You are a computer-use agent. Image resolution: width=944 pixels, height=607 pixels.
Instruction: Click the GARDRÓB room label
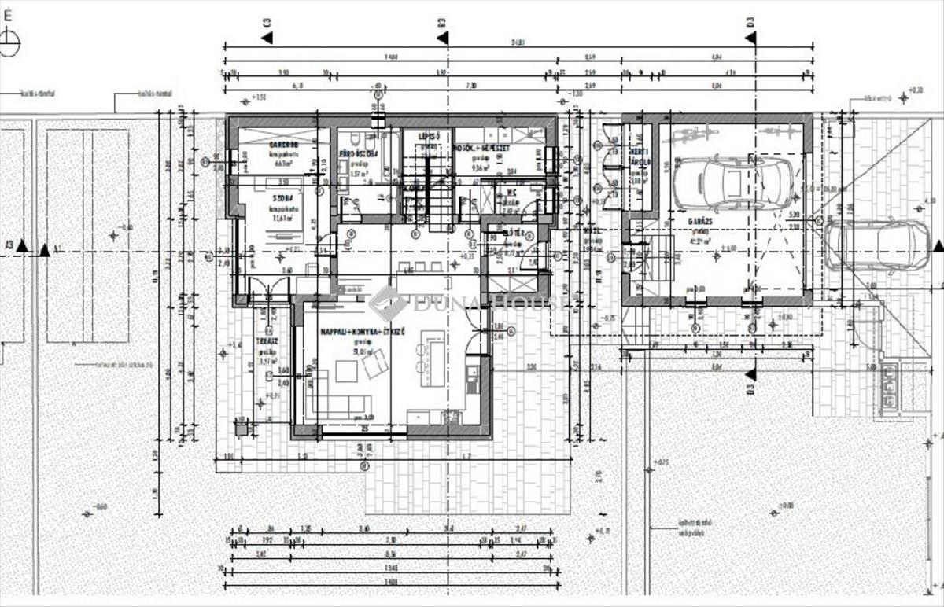282,145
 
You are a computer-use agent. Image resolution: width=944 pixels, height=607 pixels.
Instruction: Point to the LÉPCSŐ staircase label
428,136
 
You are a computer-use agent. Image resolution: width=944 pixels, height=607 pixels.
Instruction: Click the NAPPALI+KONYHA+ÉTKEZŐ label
362,334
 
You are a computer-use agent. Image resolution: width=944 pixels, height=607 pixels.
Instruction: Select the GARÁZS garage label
699,222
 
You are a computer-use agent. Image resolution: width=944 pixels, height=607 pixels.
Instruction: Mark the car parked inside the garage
734,183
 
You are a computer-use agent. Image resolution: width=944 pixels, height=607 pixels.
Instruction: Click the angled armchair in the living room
374,363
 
